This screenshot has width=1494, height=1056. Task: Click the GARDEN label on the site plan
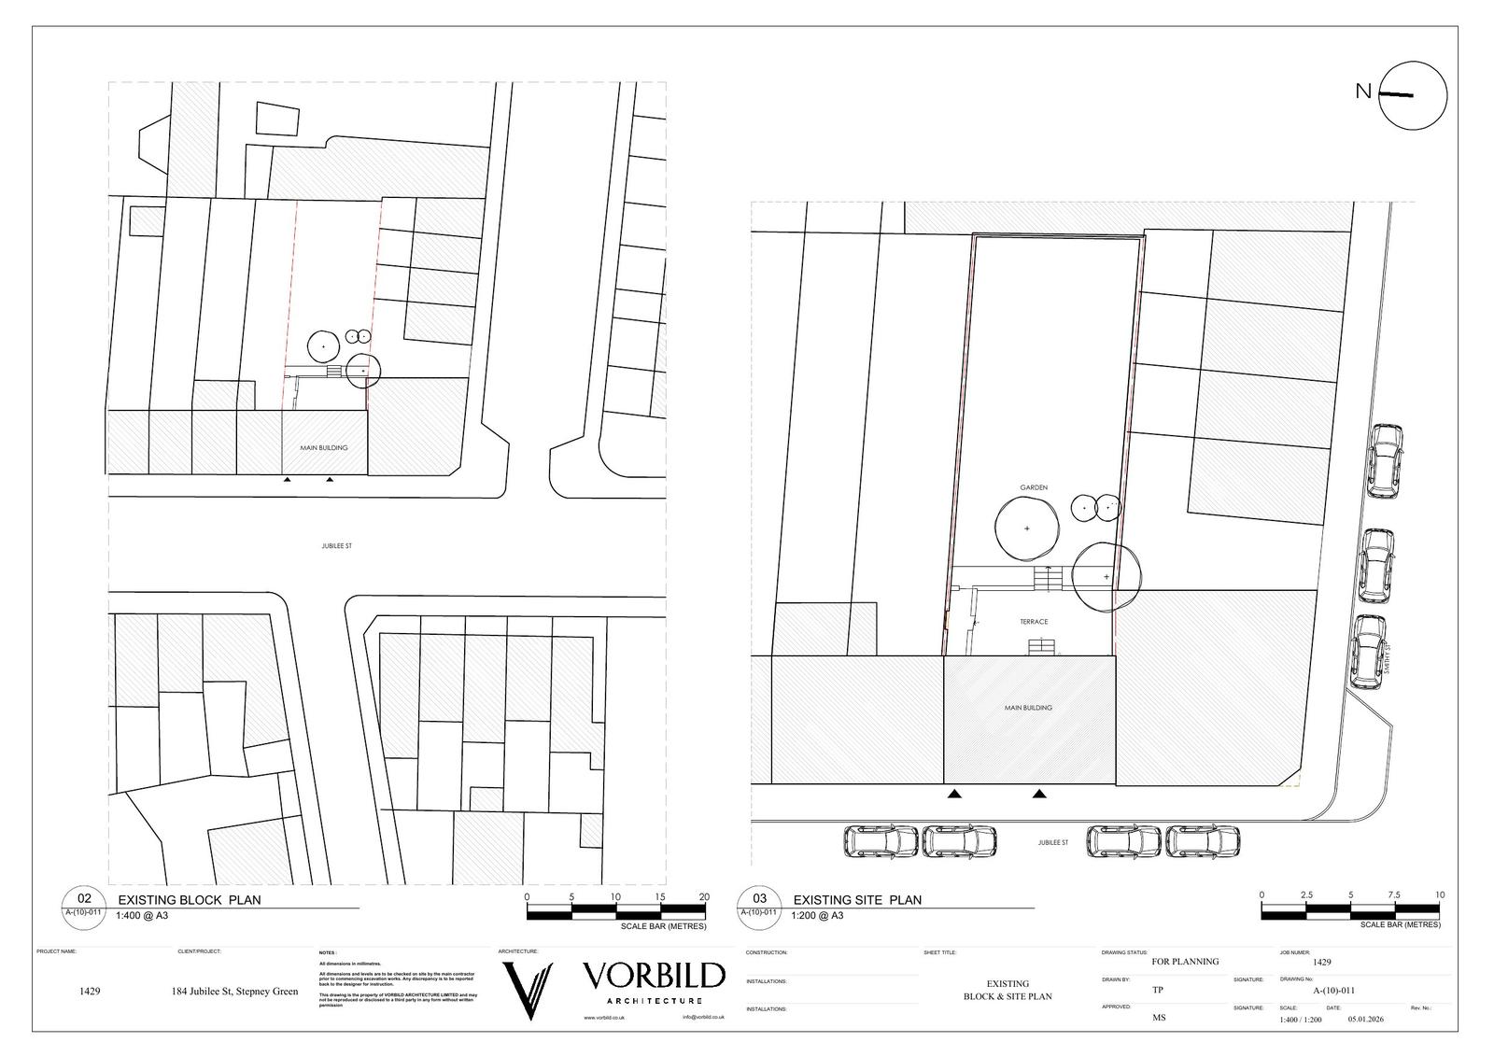pos(1033,487)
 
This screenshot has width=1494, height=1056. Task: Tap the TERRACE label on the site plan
pos(1033,622)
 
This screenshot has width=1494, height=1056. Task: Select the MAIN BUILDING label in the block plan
pos(323,448)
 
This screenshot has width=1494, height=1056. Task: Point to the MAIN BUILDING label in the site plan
pos(1028,708)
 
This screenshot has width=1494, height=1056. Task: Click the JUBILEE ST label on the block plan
pos(336,546)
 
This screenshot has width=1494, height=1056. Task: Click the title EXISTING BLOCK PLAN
pos(189,900)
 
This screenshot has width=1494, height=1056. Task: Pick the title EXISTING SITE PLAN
pos(856,900)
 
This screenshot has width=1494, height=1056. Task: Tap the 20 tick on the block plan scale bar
pos(704,897)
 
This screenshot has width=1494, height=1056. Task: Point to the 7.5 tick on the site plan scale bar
pos(1393,895)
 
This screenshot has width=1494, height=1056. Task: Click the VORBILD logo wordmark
pos(654,977)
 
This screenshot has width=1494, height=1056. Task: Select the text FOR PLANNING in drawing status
pos(1185,962)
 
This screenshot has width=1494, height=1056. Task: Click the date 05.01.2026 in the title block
pos(1365,1020)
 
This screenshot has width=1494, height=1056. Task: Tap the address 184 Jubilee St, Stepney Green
pos(234,992)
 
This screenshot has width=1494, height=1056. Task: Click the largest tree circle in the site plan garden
pos(1027,528)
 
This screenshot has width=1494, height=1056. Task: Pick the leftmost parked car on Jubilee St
pos(881,841)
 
